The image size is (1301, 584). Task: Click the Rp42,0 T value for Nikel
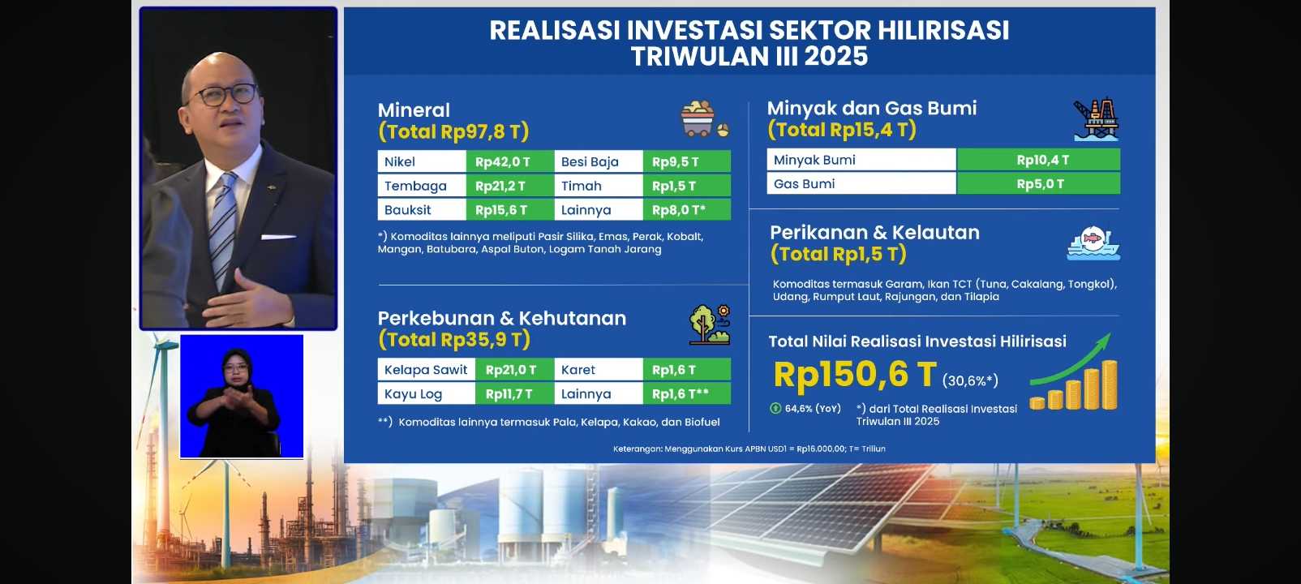click(x=510, y=161)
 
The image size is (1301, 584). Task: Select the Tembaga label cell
click(x=423, y=186)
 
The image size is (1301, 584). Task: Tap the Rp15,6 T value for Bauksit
click(x=510, y=210)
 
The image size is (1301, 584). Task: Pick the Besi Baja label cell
click(x=599, y=161)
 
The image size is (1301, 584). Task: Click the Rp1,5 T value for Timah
click(x=687, y=186)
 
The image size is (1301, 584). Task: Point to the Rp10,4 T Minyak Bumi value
click(x=1038, y=160)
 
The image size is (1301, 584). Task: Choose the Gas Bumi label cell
click(x=861, y=183)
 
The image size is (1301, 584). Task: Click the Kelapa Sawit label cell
click(x=427, y=370)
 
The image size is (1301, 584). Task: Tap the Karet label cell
click(x=599, y=370)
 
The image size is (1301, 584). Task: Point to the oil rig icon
click(x=1096, y=119)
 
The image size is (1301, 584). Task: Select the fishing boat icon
click(x=1093, y=243)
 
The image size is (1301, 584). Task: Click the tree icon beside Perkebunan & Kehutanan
click(x=709, y=324)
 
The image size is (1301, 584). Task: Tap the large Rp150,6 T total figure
click(x=855, y=374)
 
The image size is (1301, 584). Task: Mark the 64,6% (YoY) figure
click(x=806, y=409)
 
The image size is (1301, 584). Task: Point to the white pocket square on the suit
click(x=278, y=237)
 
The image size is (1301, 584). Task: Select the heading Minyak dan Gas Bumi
click(x=872, y=108)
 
